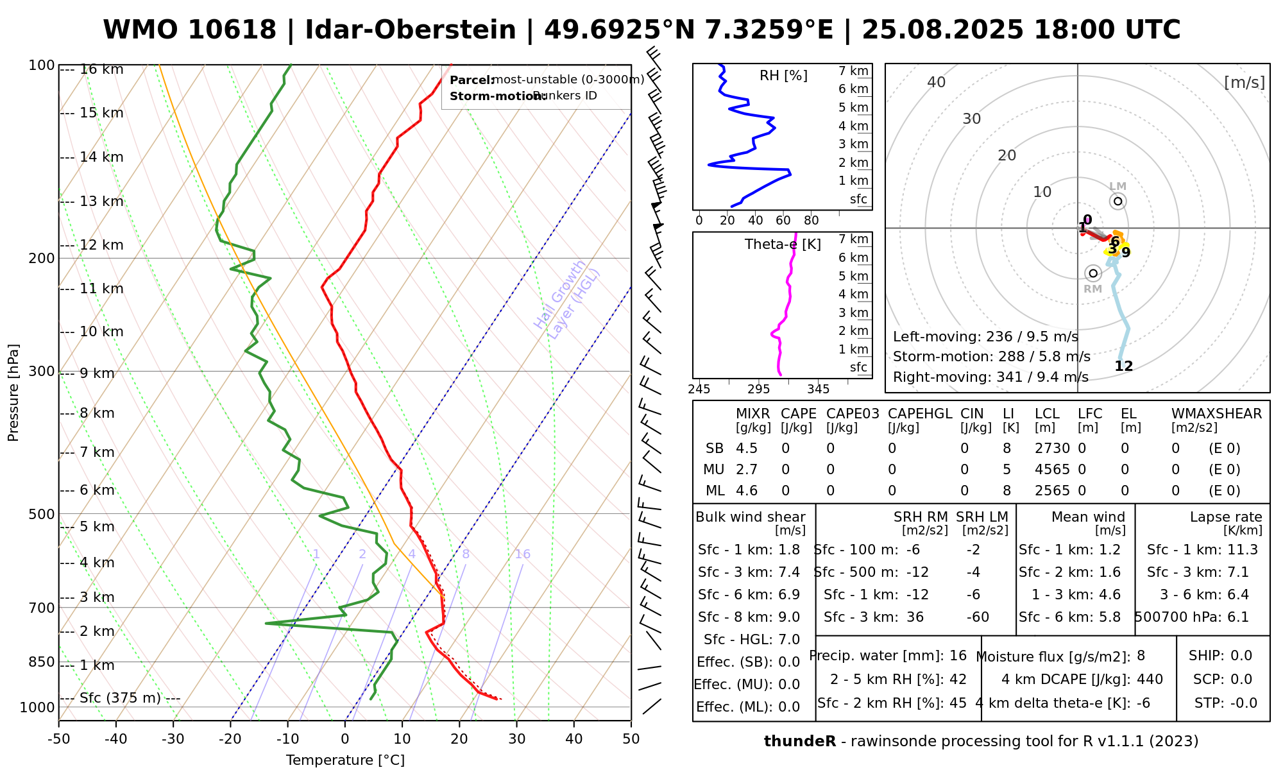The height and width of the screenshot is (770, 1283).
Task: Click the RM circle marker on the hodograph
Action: click(x=1093, y=273)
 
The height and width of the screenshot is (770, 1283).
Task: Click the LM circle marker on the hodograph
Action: click(x=1118, y=201)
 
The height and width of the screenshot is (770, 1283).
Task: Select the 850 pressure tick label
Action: click(x=42, y=662)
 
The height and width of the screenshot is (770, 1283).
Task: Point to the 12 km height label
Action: click(x=101, y=245)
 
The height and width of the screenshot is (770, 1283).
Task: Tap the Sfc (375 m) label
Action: click(x=120, y=698)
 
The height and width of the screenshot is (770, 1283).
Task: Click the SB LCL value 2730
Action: click(x=1052, y=449)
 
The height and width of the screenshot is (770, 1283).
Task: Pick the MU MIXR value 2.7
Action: click(x=747, y=470)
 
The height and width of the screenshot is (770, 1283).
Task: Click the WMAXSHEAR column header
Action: click(x=1216, y=414)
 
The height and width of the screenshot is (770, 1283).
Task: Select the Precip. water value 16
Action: click(x=958, y=656)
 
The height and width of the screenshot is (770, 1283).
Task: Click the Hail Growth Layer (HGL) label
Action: click(x=567, y=299)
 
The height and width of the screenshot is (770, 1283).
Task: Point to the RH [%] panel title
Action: click(x=783, y=76)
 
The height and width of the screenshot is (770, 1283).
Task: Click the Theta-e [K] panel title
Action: click(x=783, y=244)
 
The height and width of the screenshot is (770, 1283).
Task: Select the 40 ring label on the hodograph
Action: click(x=937, y=82)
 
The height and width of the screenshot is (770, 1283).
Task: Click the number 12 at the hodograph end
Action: click(x=1124, y=366)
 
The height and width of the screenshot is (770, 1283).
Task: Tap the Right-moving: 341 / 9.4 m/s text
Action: click(x=990, y=377)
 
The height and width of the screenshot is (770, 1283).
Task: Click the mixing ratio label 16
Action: click(x=523, y=554)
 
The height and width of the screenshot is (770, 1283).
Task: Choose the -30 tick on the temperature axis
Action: click(x=173, y=739)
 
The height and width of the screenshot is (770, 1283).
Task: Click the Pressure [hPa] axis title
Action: click(x=13, y=393)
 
